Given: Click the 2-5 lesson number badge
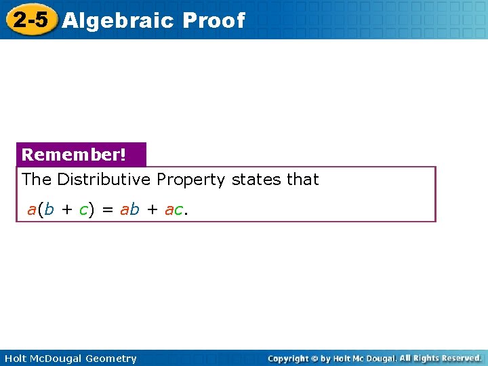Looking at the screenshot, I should point(30,20).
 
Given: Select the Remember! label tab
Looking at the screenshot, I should point(74,155).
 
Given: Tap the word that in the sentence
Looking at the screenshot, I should point(302,180).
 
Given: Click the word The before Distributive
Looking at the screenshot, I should point(37,180).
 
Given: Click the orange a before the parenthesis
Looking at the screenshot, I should point(31,209).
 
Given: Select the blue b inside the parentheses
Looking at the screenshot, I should point(49,209).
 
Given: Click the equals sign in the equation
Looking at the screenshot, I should point(107,210).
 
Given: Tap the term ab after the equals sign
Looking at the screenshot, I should point(129,209).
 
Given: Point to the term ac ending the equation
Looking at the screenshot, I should point(174,210).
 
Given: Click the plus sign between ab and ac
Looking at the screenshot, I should point(152,210).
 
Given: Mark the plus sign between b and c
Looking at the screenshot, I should point(66,210).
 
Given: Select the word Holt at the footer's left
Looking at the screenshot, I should point(15,359).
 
